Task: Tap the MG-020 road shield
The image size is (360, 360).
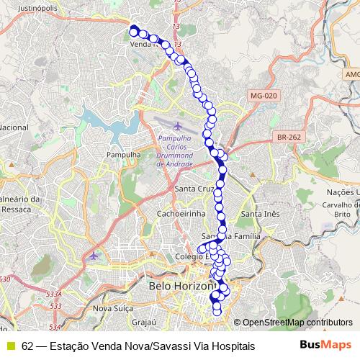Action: pos(264,96)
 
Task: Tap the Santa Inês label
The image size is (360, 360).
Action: pos(260,214)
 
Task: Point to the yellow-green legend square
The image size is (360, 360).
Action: pos(10,346)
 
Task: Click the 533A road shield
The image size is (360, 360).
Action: pos(53,294)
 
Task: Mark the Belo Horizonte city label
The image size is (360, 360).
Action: pos(180,287)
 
